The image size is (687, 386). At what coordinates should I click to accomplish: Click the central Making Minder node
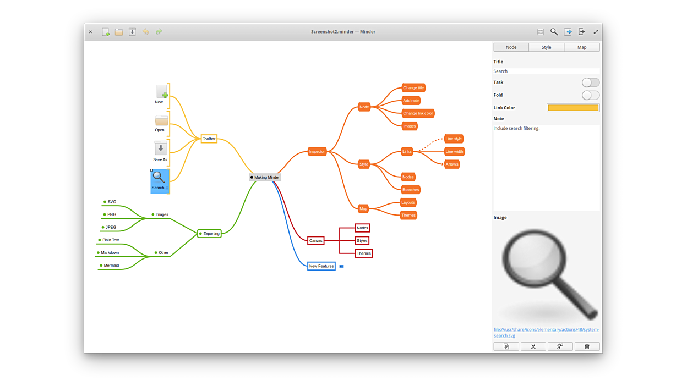265,177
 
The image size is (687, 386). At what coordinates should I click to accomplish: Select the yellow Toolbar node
209,139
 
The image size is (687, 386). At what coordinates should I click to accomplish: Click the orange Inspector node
317,151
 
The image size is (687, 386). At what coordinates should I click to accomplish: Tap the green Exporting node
210,234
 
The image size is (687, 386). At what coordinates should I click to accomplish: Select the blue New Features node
321,266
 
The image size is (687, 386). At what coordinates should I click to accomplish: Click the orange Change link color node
418,113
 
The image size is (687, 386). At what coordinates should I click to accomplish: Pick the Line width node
454,151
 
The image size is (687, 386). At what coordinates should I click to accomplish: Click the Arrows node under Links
452,164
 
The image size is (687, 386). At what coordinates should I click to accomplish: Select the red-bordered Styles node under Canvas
362,240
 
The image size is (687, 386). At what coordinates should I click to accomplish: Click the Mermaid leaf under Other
111,266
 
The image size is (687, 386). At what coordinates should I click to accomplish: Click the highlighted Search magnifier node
159,181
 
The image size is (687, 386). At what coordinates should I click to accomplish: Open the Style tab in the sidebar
546,47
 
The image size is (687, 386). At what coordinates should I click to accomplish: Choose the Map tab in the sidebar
581,47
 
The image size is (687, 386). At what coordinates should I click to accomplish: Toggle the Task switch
590,82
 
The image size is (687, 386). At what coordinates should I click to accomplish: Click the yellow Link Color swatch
572,108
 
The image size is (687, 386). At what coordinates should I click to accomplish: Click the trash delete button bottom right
587,346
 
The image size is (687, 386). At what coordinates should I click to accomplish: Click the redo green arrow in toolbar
159,32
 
